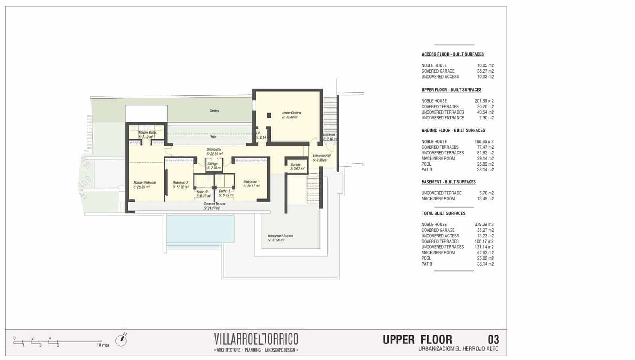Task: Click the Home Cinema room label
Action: pyautogui.click(x=291, y=113)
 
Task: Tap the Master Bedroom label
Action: pyautogui.click(x=144, y=183)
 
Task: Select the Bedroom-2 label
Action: pyautogui.click(x=180, y=183)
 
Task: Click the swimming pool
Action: pyautogui.click(x=200, y=229)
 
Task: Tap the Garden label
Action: pyautogui.click(x=214, y=111)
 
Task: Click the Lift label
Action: pyautogui.click(x=258, y=133)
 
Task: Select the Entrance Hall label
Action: pyautogui.click(x=321, y=156)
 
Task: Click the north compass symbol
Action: pyautogui.click(x=121, y=340)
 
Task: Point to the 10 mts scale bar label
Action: pyautogui.click(x=103, y=345)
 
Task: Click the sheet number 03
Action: pyautogui.click(x=493, y=340)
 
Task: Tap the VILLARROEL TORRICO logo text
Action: pyautogui.click(x=256, y=339)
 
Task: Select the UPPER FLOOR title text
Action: pyautogui.click(x=417, y=340)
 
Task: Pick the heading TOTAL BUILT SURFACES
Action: pyautogui.click(x=443, y=214)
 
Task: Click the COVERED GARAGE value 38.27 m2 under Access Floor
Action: pyautogui.click(x=485, y=71)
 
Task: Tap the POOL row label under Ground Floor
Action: pyautogui.click(x=426, y=164)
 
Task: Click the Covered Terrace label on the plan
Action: pyautogui.click(x=215, y=204)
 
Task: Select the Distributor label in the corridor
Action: pyautogui.click(x=214, y=150)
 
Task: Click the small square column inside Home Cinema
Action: pyautogui.click(x=269, y=116)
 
